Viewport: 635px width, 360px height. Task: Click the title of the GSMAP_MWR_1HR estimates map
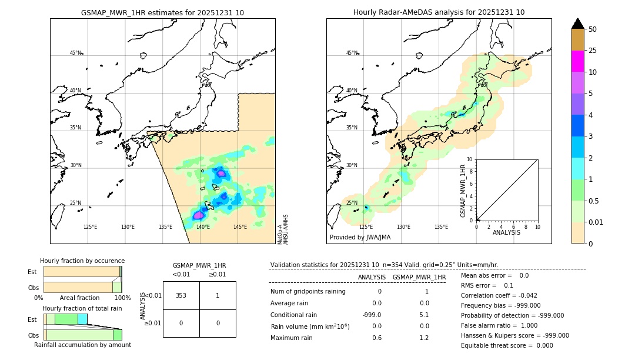[x=162, y=12]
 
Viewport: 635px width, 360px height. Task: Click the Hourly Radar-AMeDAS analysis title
[x=439, y=12]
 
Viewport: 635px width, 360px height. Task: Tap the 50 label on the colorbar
[x=593, y=29]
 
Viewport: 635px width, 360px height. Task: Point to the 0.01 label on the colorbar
[x=596, y=222]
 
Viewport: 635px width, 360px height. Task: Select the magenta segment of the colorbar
[x=577, y=61]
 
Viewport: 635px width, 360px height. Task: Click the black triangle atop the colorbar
[x=577, y=24]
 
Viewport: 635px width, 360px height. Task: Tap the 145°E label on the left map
[x=240, y=227]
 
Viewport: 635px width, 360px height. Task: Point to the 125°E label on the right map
[x=366, y=227]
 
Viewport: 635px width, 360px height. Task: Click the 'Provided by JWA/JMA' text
[x=360, y=237]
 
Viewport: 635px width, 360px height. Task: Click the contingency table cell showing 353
[x=181, y=295]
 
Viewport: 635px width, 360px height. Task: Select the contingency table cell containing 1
[x=218, y=295]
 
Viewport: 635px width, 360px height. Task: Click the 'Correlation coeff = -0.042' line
[x=499, y=295]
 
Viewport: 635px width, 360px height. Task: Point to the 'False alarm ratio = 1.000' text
[x=499, y=325]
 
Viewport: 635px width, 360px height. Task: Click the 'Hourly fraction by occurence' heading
[x=82, y=261]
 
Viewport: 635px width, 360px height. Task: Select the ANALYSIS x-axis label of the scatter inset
[x=506, y=233]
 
